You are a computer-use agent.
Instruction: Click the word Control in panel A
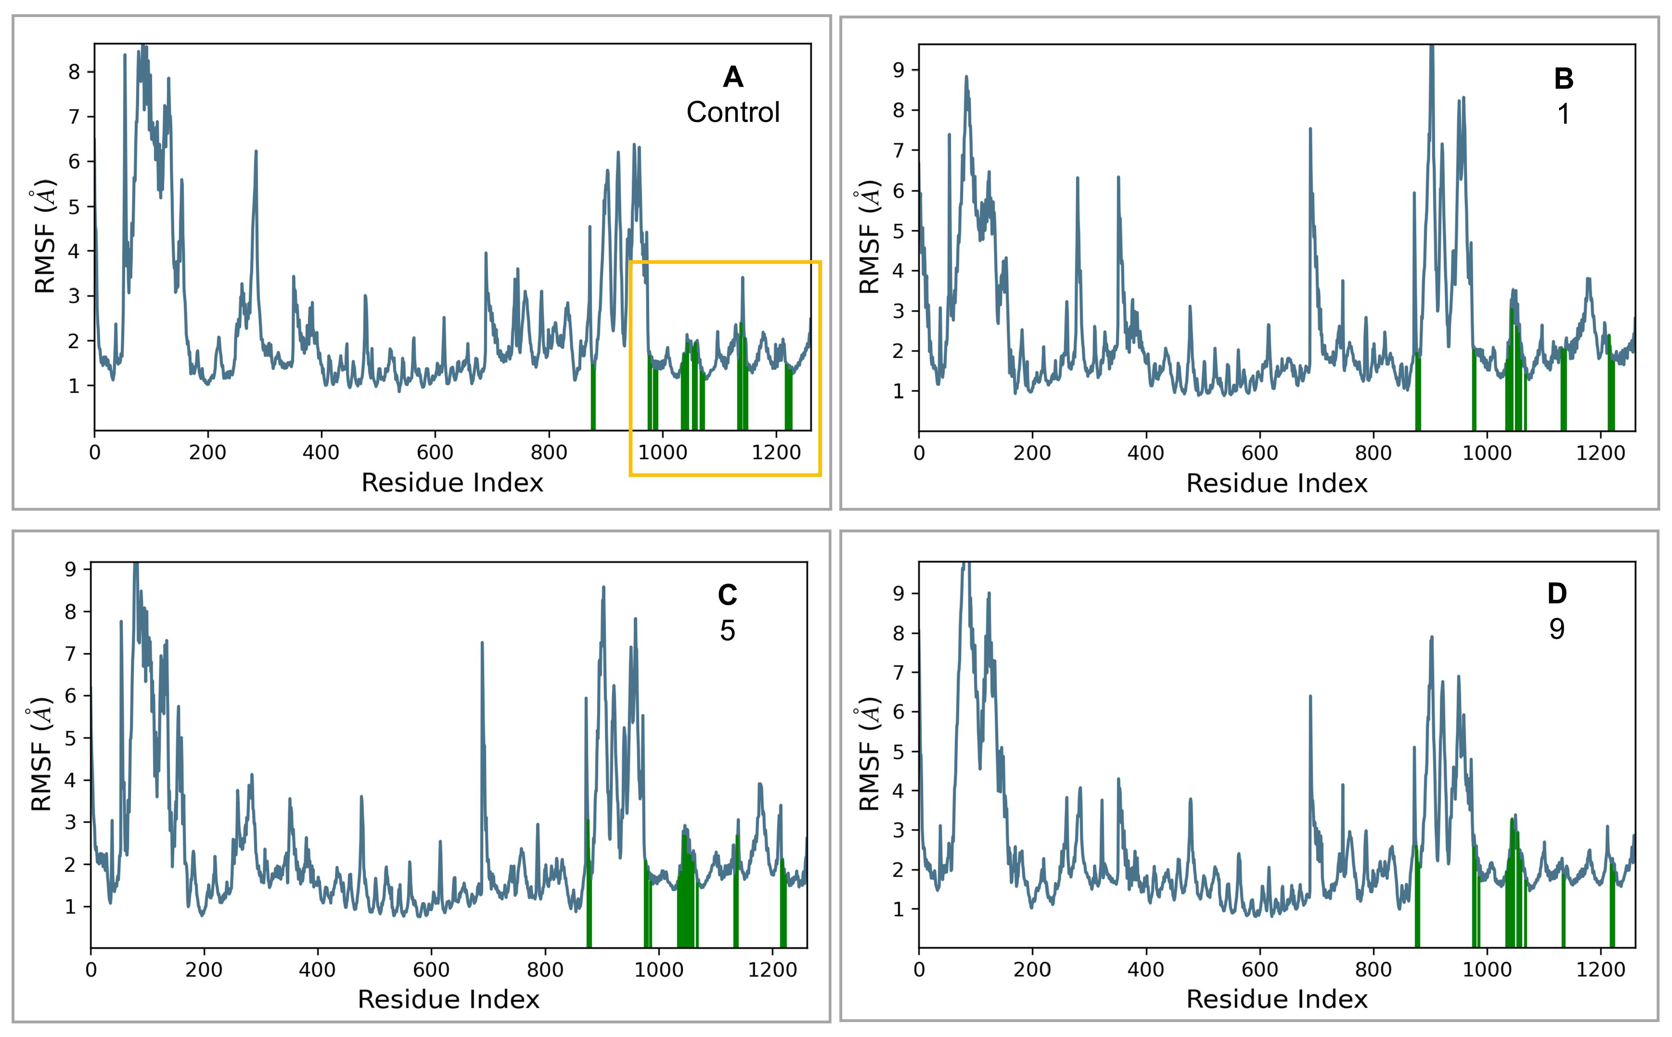[x=733, y=112]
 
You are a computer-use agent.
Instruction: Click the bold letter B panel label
[x=1563, y=80]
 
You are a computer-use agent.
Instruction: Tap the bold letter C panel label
[x=727, y=596]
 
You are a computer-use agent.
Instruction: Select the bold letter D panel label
[x=1557, y=593]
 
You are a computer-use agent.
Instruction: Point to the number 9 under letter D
[x=1557, y=629]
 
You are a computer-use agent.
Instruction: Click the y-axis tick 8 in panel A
[x=74, y=72]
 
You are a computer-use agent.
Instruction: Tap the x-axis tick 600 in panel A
[x=435, y=453]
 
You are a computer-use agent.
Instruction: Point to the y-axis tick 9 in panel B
[x=898, y=70]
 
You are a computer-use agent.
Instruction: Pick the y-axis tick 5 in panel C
[x=70, y=739]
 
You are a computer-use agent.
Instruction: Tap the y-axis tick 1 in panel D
[x=898, y=909]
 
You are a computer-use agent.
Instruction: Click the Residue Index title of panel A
[x=452, y=483]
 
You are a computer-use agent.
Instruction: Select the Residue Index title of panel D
[x=1277, y=999]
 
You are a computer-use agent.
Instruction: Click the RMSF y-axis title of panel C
[x=41, y=754]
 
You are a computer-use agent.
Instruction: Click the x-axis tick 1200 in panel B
[x=1600, y=453]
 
